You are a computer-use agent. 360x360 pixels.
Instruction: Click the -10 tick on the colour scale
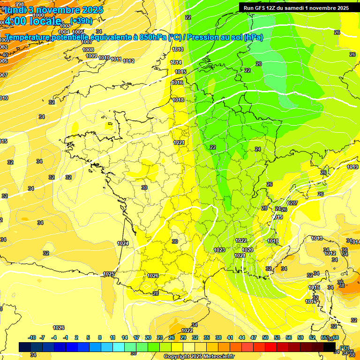(x=32, y=337)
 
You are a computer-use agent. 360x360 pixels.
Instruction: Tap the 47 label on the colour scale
(x=254, y=337)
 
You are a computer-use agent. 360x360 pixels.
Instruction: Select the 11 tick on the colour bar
(x=112, y=337)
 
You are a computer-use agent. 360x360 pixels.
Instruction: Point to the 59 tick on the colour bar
(x=300, y=337)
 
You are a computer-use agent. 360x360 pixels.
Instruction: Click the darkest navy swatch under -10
(x=25, y=347)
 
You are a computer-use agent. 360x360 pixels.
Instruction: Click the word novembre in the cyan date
(x=58, y=10)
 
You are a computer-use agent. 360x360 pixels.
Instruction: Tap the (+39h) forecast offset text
(x=82, y=21)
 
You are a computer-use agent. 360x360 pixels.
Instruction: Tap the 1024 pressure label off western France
(x=123, y=243)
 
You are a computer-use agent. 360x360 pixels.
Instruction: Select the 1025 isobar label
(x=109, y=274)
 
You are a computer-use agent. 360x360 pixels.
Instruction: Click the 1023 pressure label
(x=219, y=250)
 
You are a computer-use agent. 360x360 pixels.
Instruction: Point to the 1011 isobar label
(x=116, y=60)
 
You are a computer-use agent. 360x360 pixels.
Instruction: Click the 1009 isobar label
(x=91, y=56)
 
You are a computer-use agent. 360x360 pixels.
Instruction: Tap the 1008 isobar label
(x=88, y=49)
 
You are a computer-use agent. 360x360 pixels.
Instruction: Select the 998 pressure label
(x=19, y=4)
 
